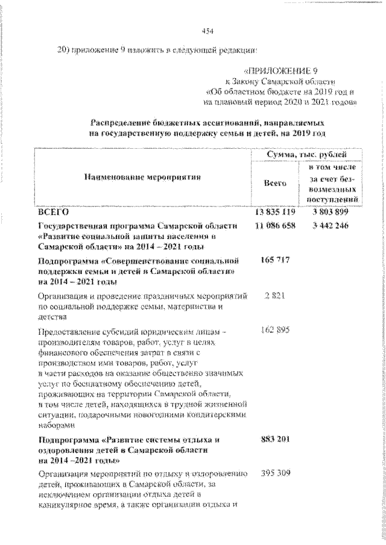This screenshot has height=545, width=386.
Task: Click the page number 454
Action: click(209, 31)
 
